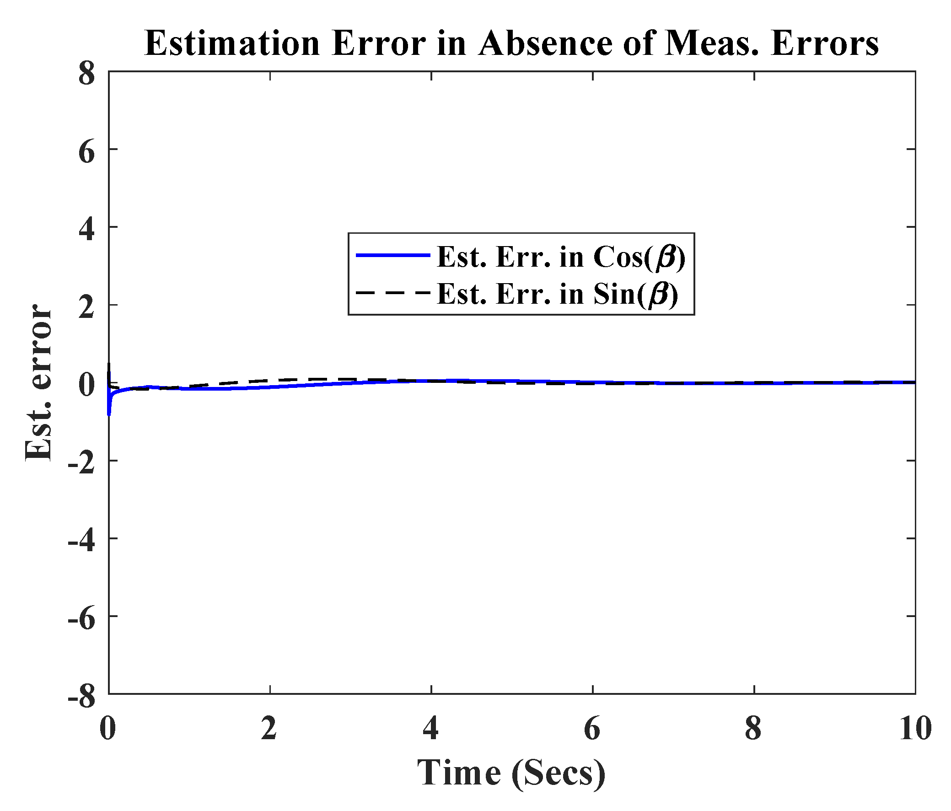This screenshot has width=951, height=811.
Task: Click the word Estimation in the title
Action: tap(232, 43)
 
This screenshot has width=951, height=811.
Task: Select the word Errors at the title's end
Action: tap(825, 43)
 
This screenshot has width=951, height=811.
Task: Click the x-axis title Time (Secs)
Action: tap(511, 773)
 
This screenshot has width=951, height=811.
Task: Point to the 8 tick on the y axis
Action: tap(86, 74)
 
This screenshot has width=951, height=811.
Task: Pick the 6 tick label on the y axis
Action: tap(86, 151)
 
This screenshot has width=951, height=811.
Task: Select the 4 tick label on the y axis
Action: tap(86, 229)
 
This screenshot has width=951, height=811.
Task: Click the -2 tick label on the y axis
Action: tap(81, 462)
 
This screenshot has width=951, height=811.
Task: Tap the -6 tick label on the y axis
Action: tap(81, 618)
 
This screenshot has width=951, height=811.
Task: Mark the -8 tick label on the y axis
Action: tap(81, 695)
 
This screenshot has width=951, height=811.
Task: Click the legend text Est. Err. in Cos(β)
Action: tap(561, 257)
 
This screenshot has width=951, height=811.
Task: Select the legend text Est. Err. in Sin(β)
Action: tap(557, 293)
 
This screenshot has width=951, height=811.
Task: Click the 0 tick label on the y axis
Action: tap(86, 384)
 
